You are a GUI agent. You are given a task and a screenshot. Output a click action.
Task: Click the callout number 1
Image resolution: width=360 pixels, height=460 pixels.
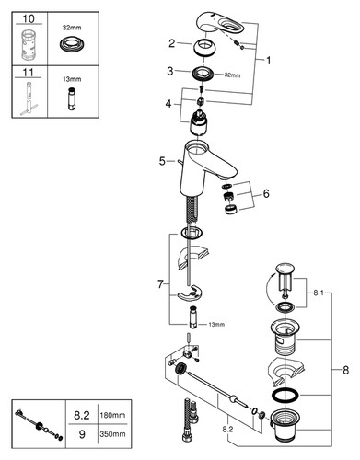(268, 61)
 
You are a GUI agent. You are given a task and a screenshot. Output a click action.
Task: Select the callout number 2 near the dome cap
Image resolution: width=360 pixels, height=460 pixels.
(171, 43)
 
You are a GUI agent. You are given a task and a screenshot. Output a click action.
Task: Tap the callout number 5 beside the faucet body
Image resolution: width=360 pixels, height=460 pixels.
(162, 161)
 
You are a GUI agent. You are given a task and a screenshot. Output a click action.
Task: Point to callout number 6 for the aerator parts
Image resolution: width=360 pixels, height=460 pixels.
(266, 193)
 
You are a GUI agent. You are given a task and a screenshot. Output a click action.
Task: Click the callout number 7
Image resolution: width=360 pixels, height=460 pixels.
(160, 284)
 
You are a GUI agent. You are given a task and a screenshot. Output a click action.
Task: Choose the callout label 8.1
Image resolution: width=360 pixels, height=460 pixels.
(319, 293)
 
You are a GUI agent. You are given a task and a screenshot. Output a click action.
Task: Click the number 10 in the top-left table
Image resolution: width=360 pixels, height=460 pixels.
(29, 19)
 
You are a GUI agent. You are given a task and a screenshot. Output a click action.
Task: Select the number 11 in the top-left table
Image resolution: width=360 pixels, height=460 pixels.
(29, 73)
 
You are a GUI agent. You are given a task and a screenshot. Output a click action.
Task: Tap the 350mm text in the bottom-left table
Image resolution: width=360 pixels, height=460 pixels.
(112, 434)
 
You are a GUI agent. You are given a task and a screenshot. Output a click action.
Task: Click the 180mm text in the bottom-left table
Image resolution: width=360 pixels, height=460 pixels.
(112, 415)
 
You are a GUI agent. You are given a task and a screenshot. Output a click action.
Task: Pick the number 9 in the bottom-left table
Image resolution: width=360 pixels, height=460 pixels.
(82, 434)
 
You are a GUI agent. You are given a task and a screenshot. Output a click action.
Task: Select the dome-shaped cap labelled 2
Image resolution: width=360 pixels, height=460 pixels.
(203, 47)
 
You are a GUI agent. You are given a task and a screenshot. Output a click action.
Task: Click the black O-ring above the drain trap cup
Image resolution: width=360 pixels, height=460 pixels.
(285, 396)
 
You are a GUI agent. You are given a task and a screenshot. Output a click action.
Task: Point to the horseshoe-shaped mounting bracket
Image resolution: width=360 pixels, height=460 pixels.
(188, 293)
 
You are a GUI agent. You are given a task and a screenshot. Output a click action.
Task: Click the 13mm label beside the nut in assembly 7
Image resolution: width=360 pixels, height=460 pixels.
(216, 324)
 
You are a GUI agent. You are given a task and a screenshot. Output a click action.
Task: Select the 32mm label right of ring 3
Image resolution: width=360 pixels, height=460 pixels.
(232, 75)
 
